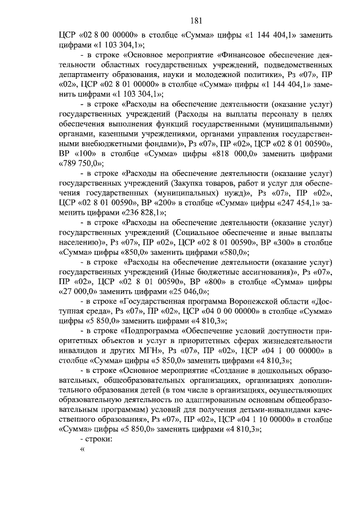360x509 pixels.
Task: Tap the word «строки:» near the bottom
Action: (97, 440)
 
